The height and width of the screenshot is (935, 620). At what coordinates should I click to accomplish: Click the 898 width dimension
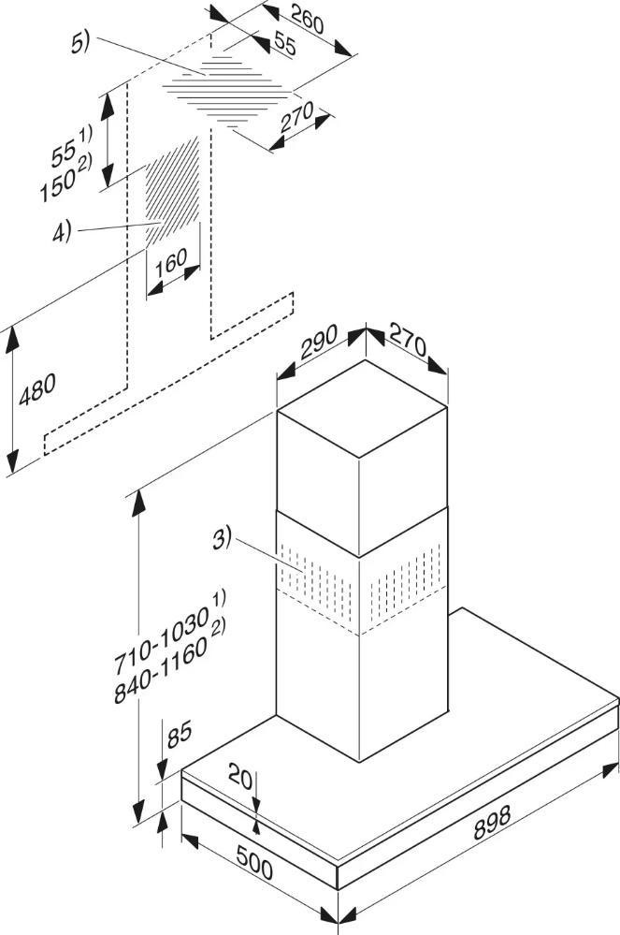pos(492,823)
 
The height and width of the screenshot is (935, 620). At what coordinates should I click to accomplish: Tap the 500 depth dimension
pos(255,861)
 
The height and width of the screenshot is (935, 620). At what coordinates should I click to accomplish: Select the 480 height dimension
pos(36,389)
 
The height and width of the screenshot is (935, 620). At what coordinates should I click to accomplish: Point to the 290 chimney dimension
pos(319,341)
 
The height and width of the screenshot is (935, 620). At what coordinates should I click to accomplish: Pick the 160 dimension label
pos(171,263)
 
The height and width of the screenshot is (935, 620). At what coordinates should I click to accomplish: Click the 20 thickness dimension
pos(240,777)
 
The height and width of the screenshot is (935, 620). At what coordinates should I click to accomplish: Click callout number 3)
pos(222,540)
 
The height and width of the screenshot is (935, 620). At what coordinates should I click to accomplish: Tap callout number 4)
pos(62,231)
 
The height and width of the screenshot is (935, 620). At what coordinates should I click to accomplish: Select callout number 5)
pos(80,43)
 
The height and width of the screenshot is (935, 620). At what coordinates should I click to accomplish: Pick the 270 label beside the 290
pos(408,341)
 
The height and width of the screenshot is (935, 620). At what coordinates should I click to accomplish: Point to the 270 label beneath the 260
pos(297,117)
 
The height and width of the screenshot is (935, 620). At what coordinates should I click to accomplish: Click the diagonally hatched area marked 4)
pos(173,191)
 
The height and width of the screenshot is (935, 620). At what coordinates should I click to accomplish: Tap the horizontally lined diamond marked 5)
pos(227,91)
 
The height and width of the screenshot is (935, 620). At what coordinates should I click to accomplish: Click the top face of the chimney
pos(362,409)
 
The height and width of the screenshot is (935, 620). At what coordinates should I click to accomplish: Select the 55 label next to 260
pos(284,45)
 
